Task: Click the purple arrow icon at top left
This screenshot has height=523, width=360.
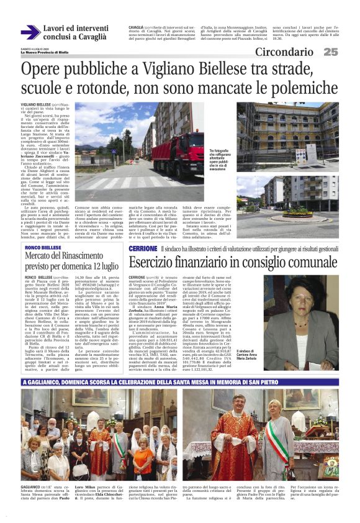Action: tap(29, 32)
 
